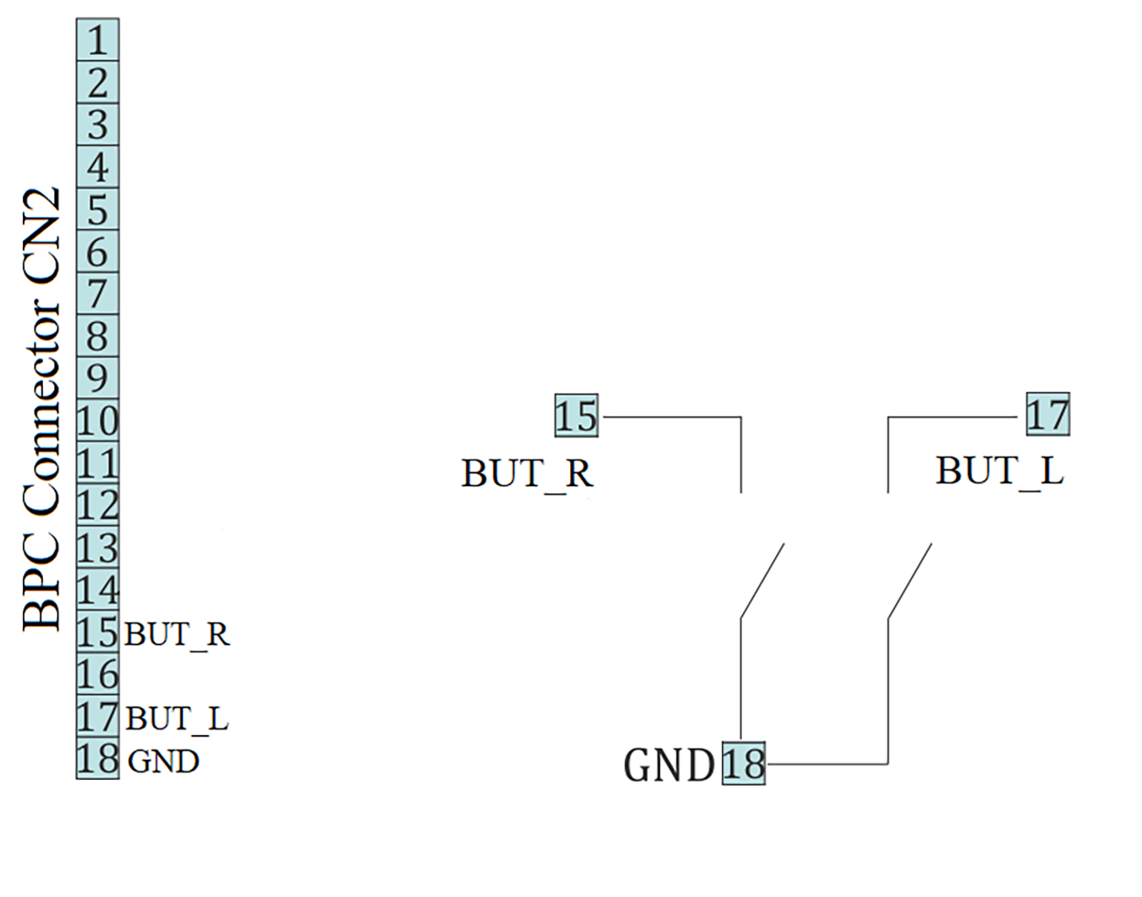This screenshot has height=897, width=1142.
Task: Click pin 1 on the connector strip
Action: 97,40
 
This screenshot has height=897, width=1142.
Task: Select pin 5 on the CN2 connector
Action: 97,210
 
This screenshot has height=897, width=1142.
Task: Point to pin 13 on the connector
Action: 97,547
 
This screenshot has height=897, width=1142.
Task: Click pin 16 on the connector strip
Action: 97,675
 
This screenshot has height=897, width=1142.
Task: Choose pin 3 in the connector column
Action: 97,124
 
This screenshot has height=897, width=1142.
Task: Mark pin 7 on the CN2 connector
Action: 97,294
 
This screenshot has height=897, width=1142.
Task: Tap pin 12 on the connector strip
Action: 97,505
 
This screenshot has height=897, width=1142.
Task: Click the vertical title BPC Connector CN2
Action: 42,408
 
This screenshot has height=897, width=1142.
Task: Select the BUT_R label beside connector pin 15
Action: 177,633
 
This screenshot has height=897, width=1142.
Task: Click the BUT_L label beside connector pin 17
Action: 177,719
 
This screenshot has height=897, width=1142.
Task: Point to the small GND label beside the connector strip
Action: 163,761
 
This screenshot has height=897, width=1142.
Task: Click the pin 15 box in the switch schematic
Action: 576,416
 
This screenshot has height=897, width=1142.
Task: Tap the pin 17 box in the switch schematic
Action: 1047,415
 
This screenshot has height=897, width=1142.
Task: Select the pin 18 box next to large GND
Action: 743,763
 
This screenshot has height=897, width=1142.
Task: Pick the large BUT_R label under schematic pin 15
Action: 527,473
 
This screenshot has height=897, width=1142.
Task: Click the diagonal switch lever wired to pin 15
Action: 762,580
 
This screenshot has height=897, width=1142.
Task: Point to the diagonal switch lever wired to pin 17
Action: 910,580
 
